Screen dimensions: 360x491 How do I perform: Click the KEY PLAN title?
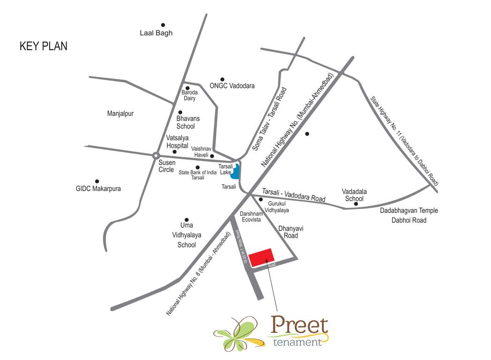(43, 46)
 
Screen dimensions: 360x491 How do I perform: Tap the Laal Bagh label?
(156, 33)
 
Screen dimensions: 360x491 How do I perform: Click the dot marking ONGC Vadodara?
(223, 79)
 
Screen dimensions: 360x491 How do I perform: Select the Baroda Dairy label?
(190, 95)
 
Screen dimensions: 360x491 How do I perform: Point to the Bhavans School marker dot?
(180, 112)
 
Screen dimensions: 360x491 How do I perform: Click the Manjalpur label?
(120, 113)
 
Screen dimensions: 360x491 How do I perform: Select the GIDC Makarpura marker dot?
(97, 181)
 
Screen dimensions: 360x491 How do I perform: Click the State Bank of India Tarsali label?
(198, 175)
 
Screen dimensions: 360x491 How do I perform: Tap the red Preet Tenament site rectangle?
(261, 257)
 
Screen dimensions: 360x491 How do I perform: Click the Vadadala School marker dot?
(356, 204)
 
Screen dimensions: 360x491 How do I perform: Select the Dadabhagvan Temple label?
(403, 211)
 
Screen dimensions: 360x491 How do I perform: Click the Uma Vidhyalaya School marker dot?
(186, 220)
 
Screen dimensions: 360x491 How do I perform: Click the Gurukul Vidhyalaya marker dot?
(261, 199)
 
